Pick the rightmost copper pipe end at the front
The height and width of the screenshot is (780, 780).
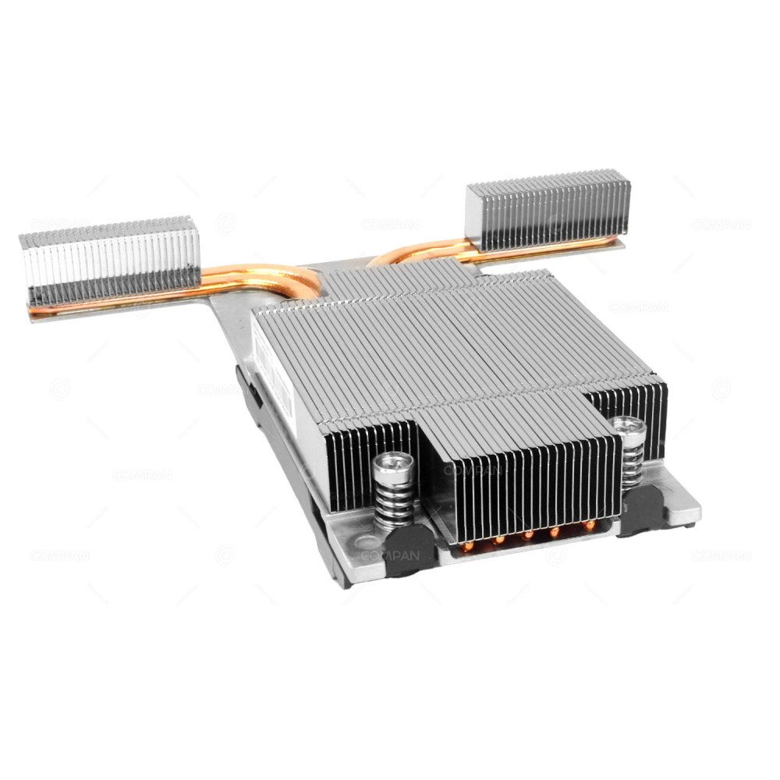click(589, 525)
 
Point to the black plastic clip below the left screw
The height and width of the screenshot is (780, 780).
click(409, 549)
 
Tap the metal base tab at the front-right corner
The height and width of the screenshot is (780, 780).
click(682, 507)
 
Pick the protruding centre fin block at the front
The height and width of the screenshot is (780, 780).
click(523, 476)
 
